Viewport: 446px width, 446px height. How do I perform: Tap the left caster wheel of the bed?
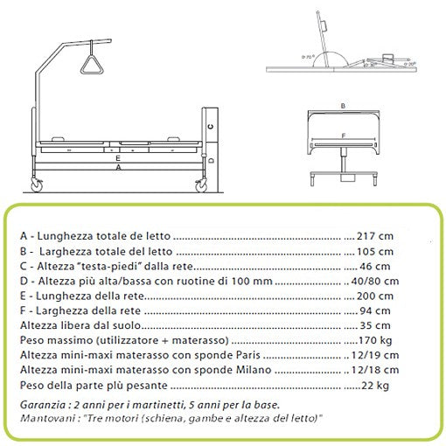(x=38, y=185)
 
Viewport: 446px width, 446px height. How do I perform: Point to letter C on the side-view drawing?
(x=212, y=127)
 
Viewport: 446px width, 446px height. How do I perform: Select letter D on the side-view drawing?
(x=212, y=162)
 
